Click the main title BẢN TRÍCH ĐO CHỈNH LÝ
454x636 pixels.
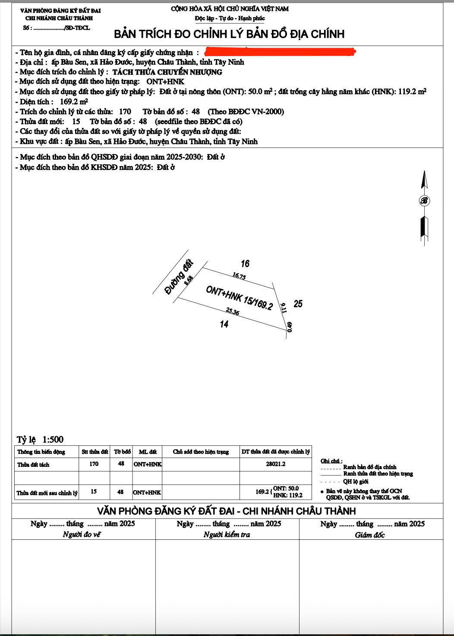click(229, 34)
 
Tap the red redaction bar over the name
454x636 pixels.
click(280, 52)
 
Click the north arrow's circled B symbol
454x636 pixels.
click(424, 201)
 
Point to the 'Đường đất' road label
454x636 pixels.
click(179, 277)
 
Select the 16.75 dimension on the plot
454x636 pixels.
click(239, 276)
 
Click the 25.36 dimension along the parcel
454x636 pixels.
click(232, 311)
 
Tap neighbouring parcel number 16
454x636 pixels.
click(245, 264)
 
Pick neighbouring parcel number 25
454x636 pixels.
click(298, 304)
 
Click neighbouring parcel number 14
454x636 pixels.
click(224, 324)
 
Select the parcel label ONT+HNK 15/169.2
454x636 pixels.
click(239, 298)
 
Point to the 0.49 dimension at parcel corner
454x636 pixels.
click(290, 327)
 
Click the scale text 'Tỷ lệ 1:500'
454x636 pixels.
click(40, 440)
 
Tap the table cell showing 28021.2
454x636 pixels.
click(276, 464)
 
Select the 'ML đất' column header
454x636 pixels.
click(148, 452)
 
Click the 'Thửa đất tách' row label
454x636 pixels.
click(33, 465)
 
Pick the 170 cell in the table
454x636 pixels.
click(94, 464)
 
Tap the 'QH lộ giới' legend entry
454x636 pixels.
click(356, 482)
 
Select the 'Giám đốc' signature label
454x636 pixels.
click(370, 535)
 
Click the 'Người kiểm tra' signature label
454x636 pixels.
click(227, 535)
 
